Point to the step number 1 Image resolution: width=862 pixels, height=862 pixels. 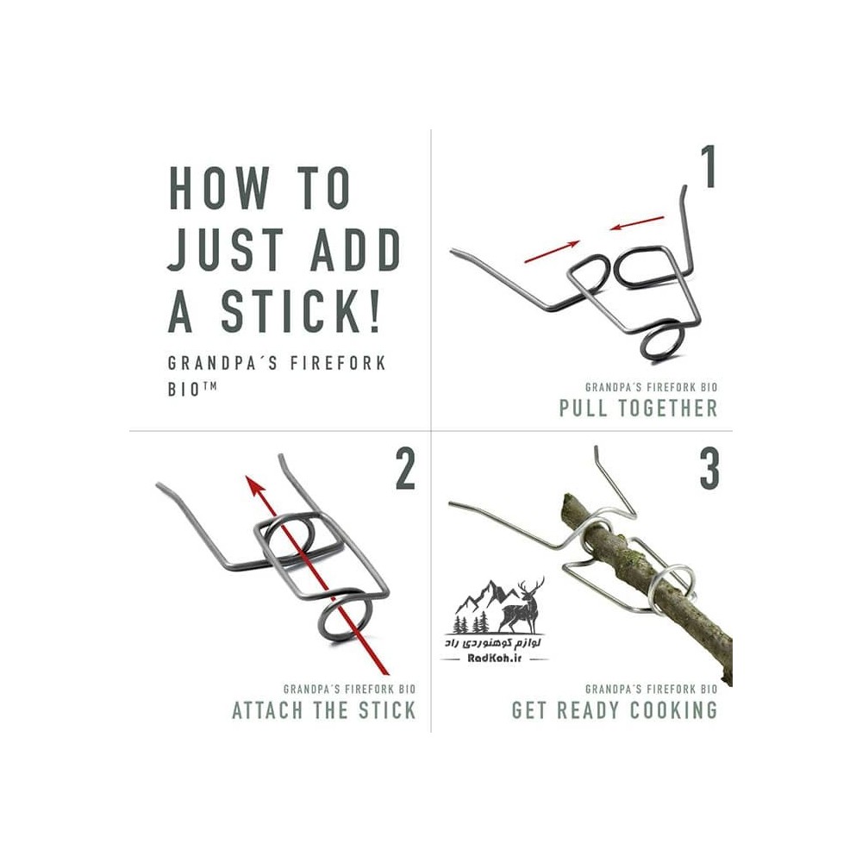pyautogui.click(x=708, y=167)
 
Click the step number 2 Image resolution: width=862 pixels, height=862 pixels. pyautogui.click(x=405, y=469)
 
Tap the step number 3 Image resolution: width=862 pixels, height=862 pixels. pyautogui.click(x=709, y=469)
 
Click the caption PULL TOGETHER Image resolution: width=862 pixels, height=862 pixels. pyautogui.click(x=638, y=409)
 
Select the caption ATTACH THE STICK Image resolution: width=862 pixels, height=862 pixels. pyautogui.click(x=324, y=710)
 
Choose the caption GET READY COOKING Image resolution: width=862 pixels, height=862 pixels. pyautogui.click(x=615, y=710)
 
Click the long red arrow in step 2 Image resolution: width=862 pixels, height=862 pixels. pyautogui.click(x=317, y=576)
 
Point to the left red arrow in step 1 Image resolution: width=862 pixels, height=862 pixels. pyautogui.click(x=552, y=251)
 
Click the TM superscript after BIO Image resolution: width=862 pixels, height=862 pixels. pyautogui.click(x=209, y=386)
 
